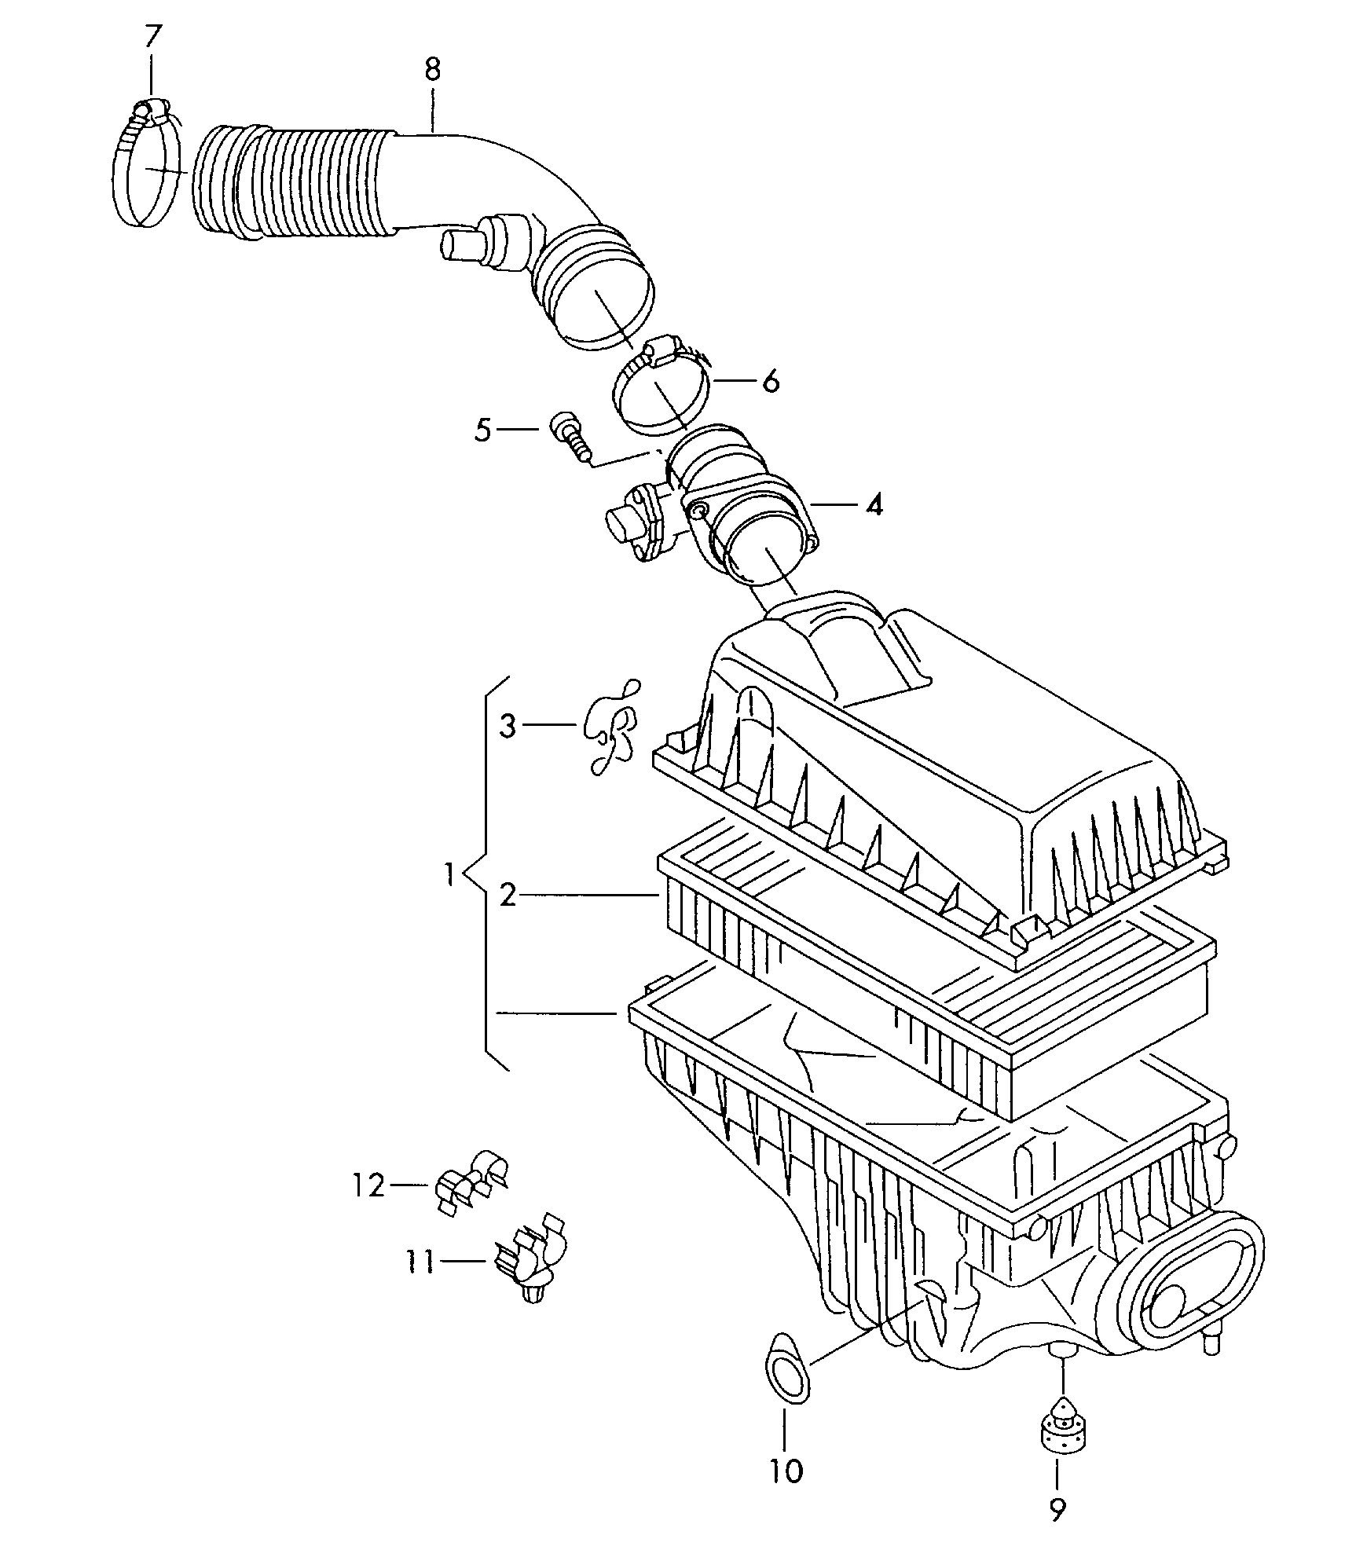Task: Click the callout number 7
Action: tap(152, 36)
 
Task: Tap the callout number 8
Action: tap(432, 70)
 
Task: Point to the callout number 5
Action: tap(483, 430)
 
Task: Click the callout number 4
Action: tap(874, 504)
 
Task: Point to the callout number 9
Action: tap(1057, 1507)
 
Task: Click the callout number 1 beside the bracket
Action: tap(449, 874)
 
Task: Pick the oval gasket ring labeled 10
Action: tap(786, 1369)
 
